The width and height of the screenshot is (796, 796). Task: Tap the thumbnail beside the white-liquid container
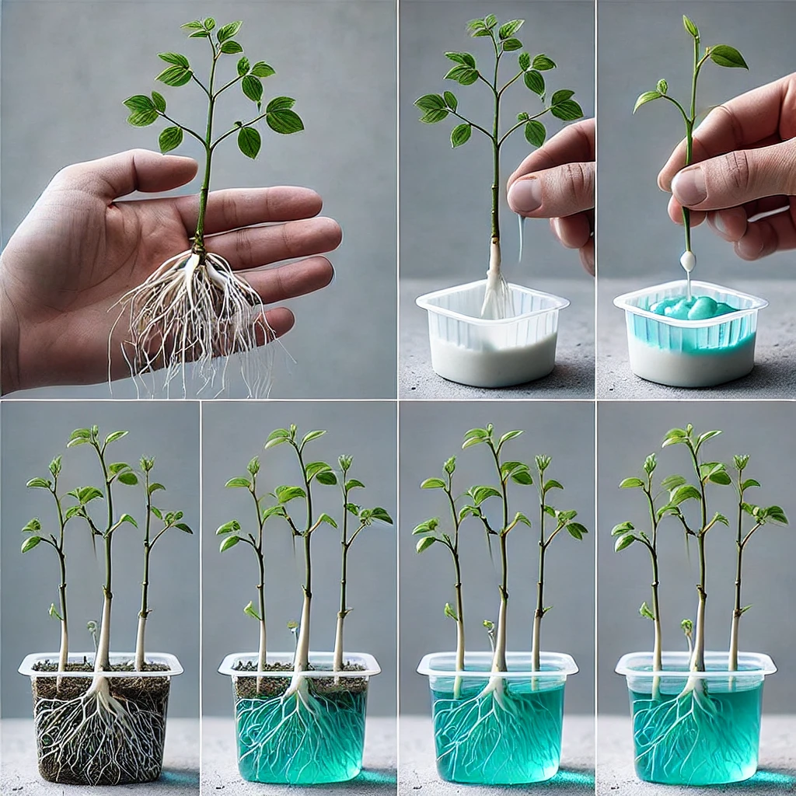click(526, 194)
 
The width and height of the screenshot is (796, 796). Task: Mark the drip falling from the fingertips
click(521, 237)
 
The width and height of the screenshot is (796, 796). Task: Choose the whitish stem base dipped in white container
click(494, 280)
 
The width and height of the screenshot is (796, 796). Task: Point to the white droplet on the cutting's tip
click(687, 261)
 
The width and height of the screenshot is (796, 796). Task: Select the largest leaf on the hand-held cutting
click(728, 56)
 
